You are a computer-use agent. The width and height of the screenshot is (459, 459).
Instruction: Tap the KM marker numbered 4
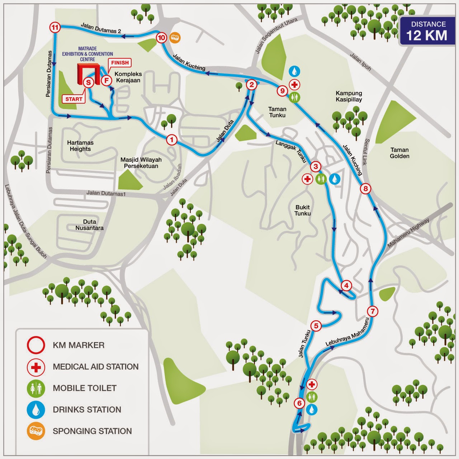[x=346, y=286]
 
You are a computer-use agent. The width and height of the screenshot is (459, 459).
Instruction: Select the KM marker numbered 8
[x=365, y=189]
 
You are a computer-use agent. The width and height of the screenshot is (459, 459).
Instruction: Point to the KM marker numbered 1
[x=172, y=139]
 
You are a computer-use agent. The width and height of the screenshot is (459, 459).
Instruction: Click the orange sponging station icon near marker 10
[x=175, y=37]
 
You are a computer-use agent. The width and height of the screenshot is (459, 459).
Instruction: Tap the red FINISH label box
[x=120, y=63]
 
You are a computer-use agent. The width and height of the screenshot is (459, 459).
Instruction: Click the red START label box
[x=74, y=99]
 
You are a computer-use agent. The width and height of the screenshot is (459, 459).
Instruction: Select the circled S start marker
[x=88, y=82]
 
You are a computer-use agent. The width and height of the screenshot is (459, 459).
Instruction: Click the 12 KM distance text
[x=426, y=36]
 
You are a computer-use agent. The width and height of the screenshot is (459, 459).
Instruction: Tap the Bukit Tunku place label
[x=303, y=210]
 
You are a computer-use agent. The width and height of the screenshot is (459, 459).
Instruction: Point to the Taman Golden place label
[x=399, y=153]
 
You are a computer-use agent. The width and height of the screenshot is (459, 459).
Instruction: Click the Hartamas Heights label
[x=80, y=146]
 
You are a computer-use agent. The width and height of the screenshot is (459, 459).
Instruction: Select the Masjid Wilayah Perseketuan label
[x=141, y=163]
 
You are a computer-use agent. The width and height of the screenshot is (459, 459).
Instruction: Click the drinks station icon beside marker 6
[x=312, y=409]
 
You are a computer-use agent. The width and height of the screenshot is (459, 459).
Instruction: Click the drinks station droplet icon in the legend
[x=36, y=410]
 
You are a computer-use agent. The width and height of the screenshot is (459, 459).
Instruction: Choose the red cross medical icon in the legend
[x=36, y=367]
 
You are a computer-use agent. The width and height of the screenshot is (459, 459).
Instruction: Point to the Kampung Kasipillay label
[x=349, y=96]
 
